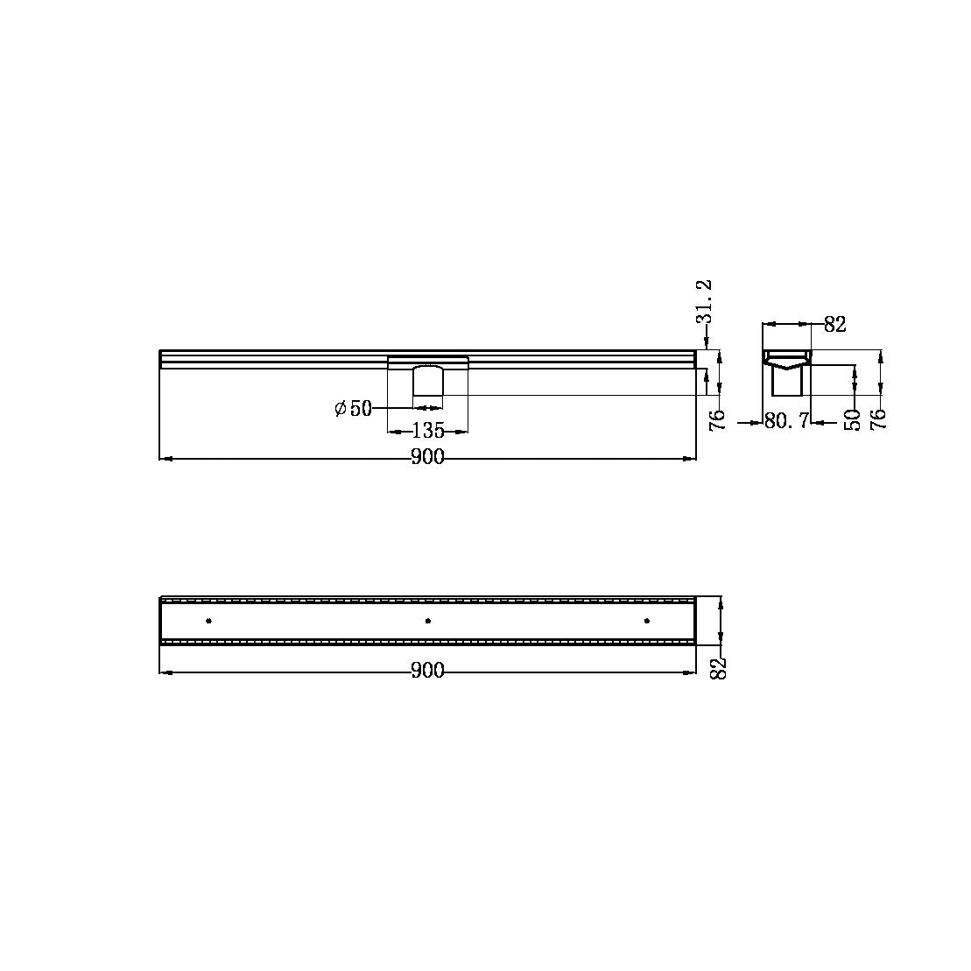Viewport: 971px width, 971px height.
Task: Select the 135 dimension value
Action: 428,431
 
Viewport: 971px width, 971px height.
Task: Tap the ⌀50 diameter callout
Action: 354,409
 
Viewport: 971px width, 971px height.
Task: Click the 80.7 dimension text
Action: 785,422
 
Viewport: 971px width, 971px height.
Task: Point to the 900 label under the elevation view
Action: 428,458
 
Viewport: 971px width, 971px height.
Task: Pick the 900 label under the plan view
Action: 428,672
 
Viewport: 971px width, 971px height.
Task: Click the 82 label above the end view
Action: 835,325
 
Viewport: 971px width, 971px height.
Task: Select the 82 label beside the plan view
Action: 720,670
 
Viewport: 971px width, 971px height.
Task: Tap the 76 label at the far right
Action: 880,418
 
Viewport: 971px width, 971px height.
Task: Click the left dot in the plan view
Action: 208,621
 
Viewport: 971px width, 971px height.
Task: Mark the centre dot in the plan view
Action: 427,621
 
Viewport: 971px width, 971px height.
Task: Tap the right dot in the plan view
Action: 647,621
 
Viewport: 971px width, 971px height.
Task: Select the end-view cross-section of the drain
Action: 786,372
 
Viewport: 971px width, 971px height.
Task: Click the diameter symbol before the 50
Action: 341,409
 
